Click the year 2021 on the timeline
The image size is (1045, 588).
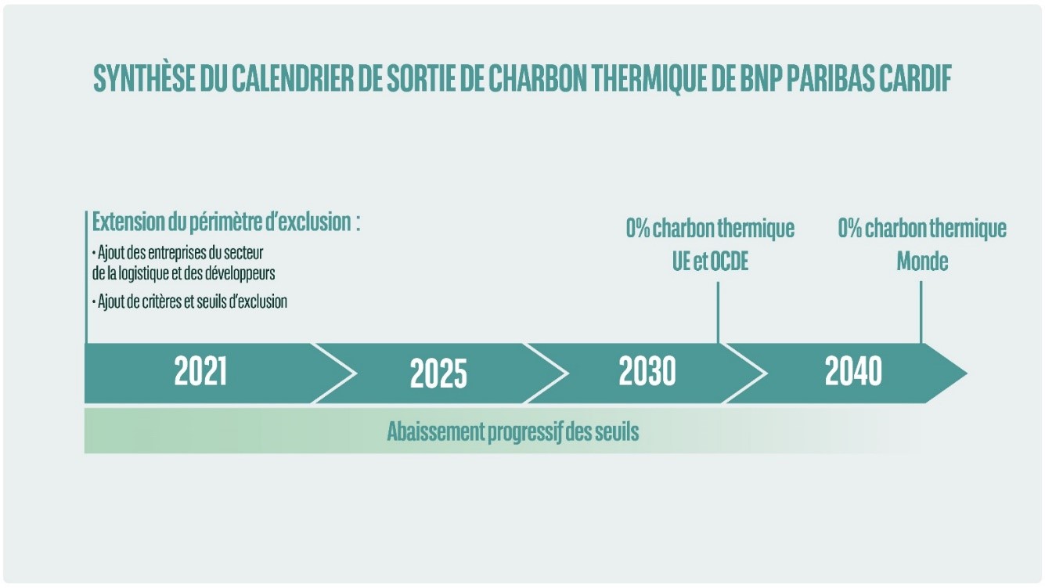200,371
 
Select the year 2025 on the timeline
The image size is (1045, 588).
438,373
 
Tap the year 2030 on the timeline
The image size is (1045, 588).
647,371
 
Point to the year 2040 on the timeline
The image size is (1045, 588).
853,371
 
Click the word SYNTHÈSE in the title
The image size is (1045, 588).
144,78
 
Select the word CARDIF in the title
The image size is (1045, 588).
915,78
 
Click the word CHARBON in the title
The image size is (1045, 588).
538,78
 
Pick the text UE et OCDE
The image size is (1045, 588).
710,262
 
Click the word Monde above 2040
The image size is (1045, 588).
922,262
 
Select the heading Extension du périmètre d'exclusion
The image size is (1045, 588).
226,222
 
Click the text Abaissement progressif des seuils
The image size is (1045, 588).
513,431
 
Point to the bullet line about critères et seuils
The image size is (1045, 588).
189,302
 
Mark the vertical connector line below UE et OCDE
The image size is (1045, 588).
718,312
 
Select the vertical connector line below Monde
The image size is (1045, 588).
921,312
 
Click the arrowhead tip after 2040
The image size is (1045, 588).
967,373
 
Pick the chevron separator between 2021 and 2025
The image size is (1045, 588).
334,373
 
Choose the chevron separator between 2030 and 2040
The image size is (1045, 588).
744,373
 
